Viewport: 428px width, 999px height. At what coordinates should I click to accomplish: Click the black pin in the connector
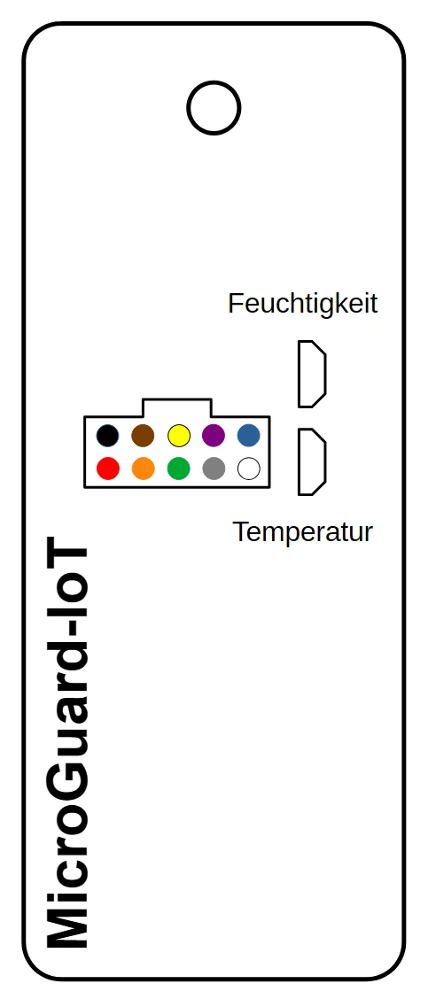(x=108, y=436)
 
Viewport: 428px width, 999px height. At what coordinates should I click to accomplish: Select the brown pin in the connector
(x=143, y=436)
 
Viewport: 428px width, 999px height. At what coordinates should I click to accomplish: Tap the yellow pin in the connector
(x=179, y=436)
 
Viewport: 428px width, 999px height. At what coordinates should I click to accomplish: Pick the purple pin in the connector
(x=214, y=436)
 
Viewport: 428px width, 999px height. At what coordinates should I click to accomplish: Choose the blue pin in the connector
(x=249, y=436)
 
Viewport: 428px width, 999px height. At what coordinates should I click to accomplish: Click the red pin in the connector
(x=108, y=469)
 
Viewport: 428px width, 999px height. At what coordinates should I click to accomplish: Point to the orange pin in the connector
(x=143, y=469)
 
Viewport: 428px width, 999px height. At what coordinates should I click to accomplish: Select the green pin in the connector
(x=179, y=469)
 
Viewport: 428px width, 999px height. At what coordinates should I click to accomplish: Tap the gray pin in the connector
(x=214, y=469)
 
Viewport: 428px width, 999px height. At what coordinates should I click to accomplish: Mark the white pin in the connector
(x=249, y=469)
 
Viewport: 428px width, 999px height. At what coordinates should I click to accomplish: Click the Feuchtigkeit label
(x=303, y=304)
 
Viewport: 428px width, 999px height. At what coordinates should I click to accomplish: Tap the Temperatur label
(x=302, y=531)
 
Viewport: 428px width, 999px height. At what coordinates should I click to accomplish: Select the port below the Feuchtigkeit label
(x=312, y=374)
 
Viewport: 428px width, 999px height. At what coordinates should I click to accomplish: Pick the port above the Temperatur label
(x=312, y=462)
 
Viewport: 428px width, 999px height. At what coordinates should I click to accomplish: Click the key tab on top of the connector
(x=176, y=407)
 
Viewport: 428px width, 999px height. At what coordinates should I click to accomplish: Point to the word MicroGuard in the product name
(x=67, y=794)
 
